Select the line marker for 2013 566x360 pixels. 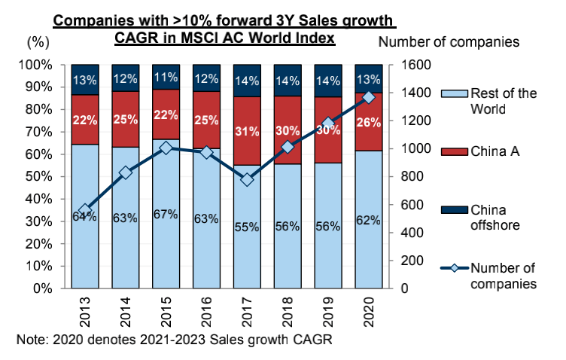tap(84, 210)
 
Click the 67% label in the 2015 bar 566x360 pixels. tap(166, 215)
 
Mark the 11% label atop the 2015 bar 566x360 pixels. tap(166, 77)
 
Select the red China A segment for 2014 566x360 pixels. tap(125, 119)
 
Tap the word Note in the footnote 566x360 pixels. tap(30, 340)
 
